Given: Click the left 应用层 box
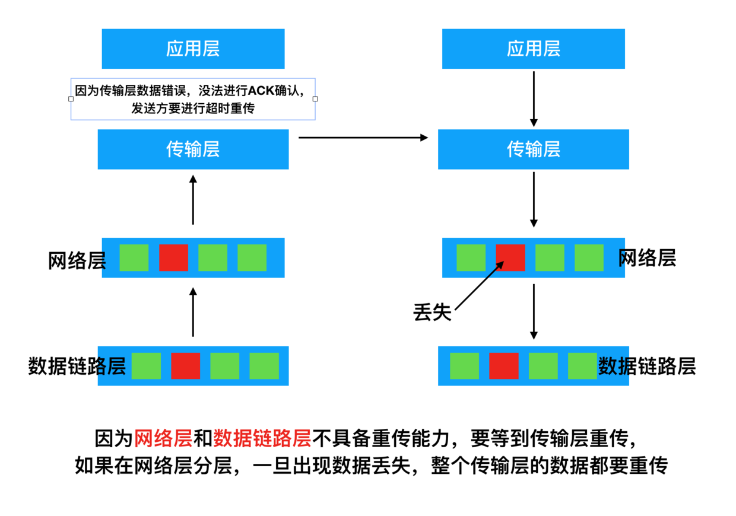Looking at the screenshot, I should click(x=193, y=49).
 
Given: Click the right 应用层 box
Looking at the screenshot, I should click(x=533, y=49).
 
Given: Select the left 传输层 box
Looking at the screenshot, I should click(x=193, y=149).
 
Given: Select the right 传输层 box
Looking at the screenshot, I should click(x=533, y=149).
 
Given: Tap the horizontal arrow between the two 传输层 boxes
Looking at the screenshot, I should click(x=363, y=138).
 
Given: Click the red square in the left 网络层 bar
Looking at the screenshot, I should click(x=173, y=257).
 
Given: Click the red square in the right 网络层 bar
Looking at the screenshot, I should click(x=510, y=257).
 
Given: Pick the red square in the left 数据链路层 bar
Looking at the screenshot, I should click(x=185, y=366).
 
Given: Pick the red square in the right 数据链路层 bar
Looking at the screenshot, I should click(x=503, y=366).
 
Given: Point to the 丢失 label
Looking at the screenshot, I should click(x=432, y=313).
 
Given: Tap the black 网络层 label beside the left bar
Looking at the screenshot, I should click(x=76, y=261).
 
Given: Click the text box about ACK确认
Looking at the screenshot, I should click(x=193, y=99).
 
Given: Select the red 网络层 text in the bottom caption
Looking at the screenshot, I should click(x=163, y=439).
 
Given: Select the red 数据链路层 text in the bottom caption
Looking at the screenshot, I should click(x=262, y=439).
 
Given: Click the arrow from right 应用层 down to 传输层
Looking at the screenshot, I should click(x=533, y=98).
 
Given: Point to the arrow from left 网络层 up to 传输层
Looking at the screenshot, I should click(x=193, y=199).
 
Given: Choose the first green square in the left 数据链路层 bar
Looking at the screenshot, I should click(x=146, y=366).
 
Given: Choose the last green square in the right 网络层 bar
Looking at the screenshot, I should click(x=589, y=257).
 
